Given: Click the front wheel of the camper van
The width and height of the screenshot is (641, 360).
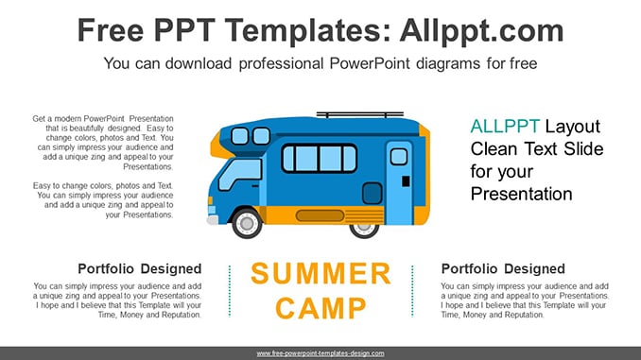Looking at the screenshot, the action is click(247, 223).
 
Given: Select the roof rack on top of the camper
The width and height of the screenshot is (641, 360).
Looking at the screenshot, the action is click(360, 115).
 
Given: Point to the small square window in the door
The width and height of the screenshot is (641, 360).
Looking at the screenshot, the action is click(399, 157).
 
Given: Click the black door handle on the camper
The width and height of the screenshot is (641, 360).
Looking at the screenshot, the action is click(406, 181).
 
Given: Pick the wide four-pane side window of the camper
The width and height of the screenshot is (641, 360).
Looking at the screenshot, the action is click(320, 159).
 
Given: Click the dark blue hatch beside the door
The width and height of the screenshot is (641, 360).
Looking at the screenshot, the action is click(372, 193).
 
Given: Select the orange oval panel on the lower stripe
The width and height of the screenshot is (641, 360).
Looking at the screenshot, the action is click(320, 215).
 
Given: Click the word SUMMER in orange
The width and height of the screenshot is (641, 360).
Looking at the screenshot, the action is click(320, 273).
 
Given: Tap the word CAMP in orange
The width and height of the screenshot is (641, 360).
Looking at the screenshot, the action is click(320, 308).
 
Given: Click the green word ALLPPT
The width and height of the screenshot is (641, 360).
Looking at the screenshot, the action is click(505, 127).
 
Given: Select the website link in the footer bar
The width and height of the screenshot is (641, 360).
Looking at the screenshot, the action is click(320, 353).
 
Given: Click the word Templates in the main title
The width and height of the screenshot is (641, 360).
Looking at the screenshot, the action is click(303, 30).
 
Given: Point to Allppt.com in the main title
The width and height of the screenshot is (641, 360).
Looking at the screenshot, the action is click(481, 31).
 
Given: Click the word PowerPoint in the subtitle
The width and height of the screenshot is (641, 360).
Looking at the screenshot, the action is click(370, 63).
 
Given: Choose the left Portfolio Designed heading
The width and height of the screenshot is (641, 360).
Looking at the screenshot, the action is click(140, 269).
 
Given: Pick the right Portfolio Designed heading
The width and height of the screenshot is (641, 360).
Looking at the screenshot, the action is click(503, 269).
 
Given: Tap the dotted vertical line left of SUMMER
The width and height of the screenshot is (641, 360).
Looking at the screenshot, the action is click(230, 291).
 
